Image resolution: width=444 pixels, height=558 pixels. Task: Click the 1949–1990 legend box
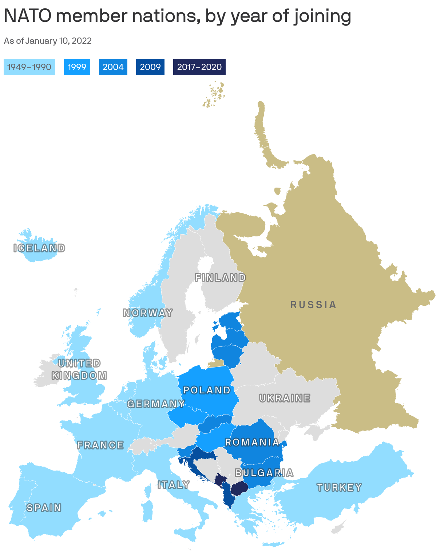pyautogui.click(x=29, y=67)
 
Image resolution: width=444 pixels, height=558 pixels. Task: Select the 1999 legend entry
pyautogui.click(x=77, y=67)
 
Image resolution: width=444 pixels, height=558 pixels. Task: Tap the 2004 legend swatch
pyautogui.click(x=113, y=67)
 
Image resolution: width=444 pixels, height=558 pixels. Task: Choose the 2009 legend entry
pyautogui.click(x=150, y=67)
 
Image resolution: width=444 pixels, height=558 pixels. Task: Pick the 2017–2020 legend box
pyautogui.click(x=199, y=67)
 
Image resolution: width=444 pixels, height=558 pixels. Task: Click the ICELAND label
pyautogui.click(x=39, y=248)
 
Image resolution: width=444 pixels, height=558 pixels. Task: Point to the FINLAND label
pyautogui.click(x=221, y=278)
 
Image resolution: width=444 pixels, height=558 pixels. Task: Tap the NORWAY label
pyautogui.click(x=148, y=313)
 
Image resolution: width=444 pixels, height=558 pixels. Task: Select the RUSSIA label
pyautogui.click(x=313, y=304)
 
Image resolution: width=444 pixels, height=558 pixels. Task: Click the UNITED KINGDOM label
pyautogui.click(x=79, y=369)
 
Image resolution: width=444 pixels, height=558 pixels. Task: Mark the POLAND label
pyautogui.click(x=207, y=390)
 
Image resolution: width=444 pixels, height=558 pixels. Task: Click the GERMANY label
pyautogui.click(x=156, y=404)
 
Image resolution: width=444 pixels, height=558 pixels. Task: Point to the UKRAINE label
pyautogui.click(x=285, y=398)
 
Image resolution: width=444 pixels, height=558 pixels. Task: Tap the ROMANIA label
pyautogui.click(x=252, y=442)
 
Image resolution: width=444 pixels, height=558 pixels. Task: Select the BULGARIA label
pyautogui.click(x=264, y=473)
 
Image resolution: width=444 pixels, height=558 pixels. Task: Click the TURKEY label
pyautogui.click(x=340, y=487)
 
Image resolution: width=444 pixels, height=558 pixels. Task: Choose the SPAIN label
pyautogui.click(x=44, y=508)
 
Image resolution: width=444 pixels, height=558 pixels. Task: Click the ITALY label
pyautogui.click(x=174, y=485)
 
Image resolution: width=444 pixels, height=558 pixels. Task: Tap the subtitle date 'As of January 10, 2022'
pyautogui.click(x=48, y=41)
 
